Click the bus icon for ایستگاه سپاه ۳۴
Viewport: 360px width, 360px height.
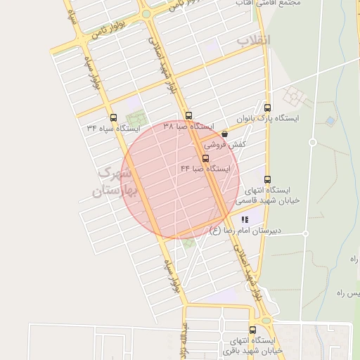point(114,117)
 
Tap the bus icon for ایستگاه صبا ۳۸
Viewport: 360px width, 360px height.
point(188,115)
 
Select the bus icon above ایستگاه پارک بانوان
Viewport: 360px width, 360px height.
point(267,108)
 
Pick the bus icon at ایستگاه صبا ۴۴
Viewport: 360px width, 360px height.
point(205,159)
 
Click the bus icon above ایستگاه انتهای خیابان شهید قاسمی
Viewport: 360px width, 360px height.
point(266,179)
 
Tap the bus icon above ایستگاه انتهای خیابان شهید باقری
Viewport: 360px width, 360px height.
point(252,329)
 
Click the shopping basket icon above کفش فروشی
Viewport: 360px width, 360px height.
point(224,134)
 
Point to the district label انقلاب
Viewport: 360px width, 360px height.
point(253,40)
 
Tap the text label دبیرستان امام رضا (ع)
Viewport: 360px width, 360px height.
point(245,231)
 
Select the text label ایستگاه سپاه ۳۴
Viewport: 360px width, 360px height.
point(113,129)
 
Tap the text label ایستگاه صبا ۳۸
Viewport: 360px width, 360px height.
point(188,127)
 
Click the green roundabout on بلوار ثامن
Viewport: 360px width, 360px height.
point(146,13)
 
